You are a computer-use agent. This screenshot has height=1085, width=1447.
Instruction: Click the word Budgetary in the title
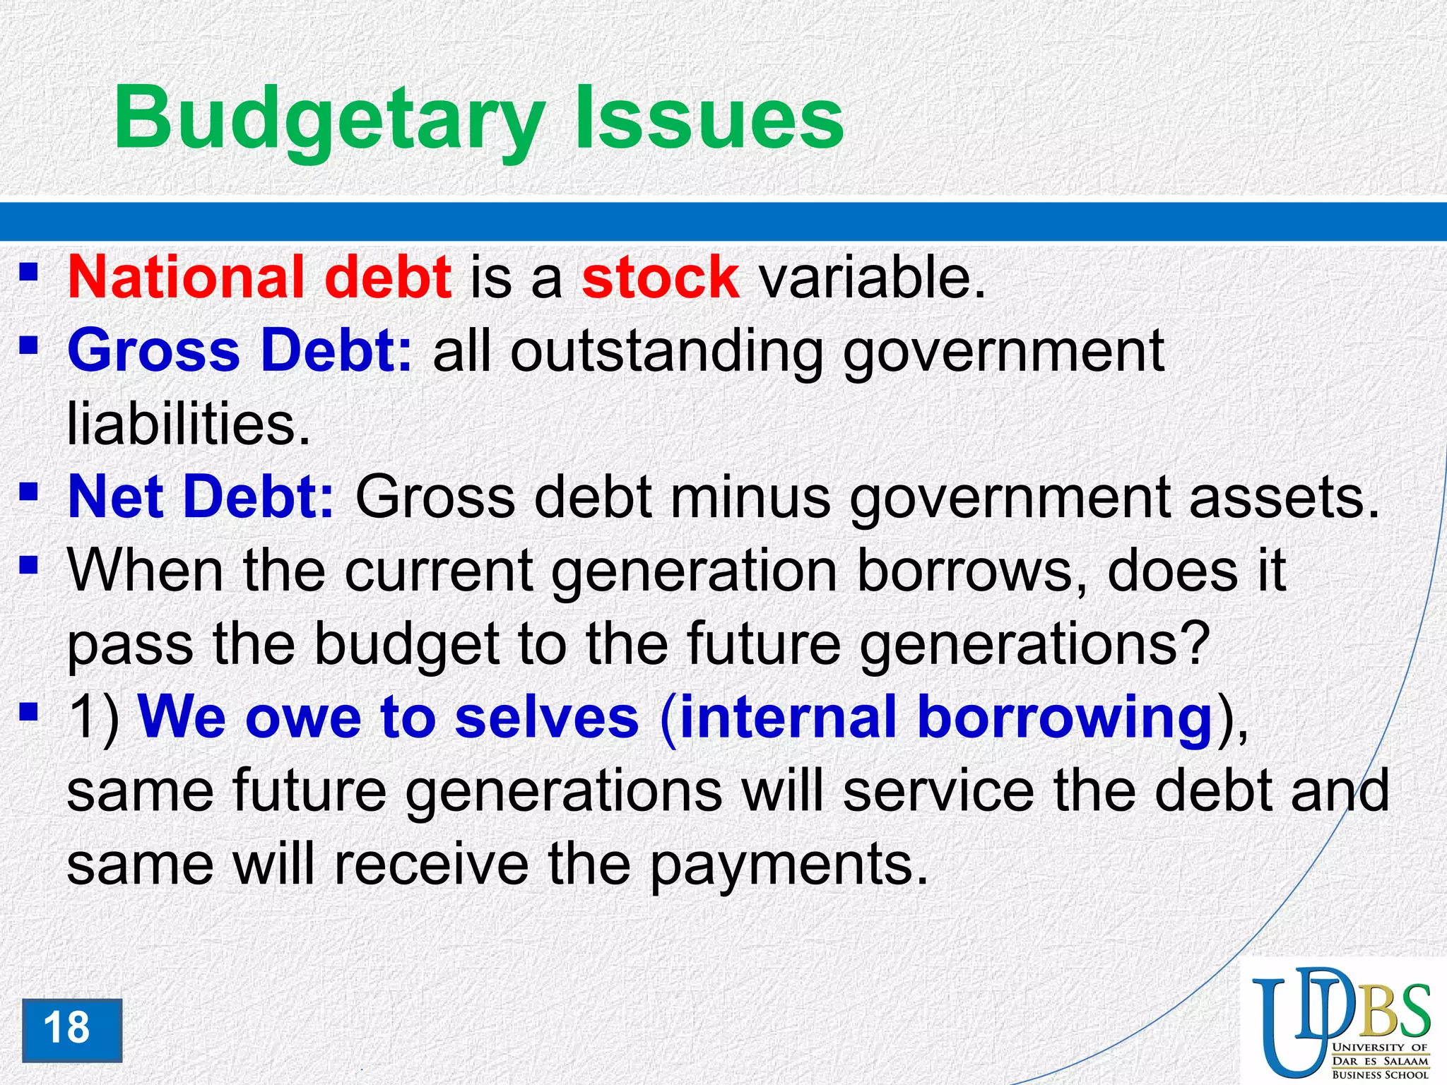coord(329,118)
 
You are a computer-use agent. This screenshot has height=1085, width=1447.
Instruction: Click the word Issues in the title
coord(709,118)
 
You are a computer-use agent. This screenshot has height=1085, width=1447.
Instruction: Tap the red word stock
coord(661,278)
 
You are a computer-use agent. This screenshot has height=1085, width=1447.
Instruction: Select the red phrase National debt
coord(259,278)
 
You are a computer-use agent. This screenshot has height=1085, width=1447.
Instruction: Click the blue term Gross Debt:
coord(240,351)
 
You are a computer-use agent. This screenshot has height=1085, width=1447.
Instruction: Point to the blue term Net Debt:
coord(201,497)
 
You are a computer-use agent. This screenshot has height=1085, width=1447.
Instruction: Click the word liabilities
coord(188,425)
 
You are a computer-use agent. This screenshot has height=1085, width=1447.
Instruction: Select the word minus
coord(750,497)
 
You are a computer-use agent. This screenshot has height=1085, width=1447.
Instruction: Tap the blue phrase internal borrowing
coord(946,718)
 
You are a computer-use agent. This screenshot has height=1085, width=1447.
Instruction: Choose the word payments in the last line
coord(787,865)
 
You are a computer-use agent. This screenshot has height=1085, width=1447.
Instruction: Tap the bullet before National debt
coord(29,271)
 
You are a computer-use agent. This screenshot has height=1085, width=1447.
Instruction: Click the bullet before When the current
coord(29,564)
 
